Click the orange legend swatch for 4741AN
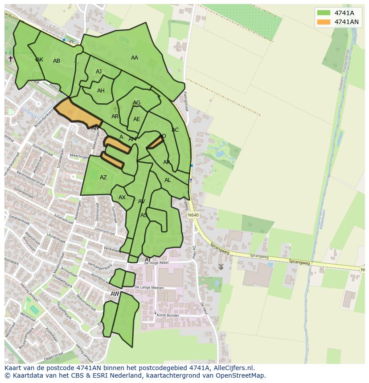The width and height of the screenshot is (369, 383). click(x=324, y=22)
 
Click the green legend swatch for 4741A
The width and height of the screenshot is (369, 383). click(x=324, y=13)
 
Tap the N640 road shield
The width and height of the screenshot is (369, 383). click(x=193, y=215)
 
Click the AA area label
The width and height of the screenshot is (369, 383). click(x=135, y=58)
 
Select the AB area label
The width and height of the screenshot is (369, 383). click(x=57, y=61)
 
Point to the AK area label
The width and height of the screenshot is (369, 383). click(x=40, y=60)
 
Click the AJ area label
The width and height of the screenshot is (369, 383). click(x=99, y=72)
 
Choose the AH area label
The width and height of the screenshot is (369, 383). click(x=101, y=91)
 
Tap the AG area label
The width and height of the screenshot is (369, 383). click(x=137, y=103)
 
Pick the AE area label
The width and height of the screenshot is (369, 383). click(x=137, y=119)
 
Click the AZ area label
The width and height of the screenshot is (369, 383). click(x=103, y=177)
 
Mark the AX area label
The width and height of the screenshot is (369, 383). click(x=122, y=198)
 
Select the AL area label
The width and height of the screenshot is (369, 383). click(x=168, y=180)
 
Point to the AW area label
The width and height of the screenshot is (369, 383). click(x=115, y=294)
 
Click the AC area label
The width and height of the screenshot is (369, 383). click(x=175, y=130)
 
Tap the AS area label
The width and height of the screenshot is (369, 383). click(x=144, y=215)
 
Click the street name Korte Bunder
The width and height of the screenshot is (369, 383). click(x=168, y=315)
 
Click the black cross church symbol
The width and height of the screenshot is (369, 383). click(x=11, y=59)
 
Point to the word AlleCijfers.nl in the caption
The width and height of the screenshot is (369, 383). click(x=232, y=368)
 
